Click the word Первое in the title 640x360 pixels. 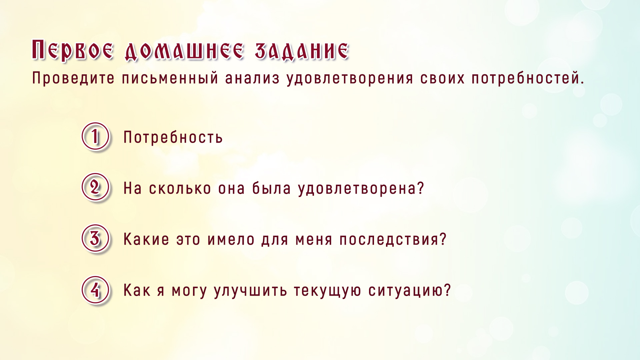[73, 50]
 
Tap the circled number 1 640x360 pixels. [95, 136]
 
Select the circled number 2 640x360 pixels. [95, 187]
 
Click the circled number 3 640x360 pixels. [95, 238]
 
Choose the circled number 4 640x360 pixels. [95, 290]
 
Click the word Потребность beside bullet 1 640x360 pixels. [173, 137]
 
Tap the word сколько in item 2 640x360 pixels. [180, 189]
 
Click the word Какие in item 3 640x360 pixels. [146, 239]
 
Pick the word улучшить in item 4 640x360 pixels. [250, 291]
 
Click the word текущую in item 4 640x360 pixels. [327, 291]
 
